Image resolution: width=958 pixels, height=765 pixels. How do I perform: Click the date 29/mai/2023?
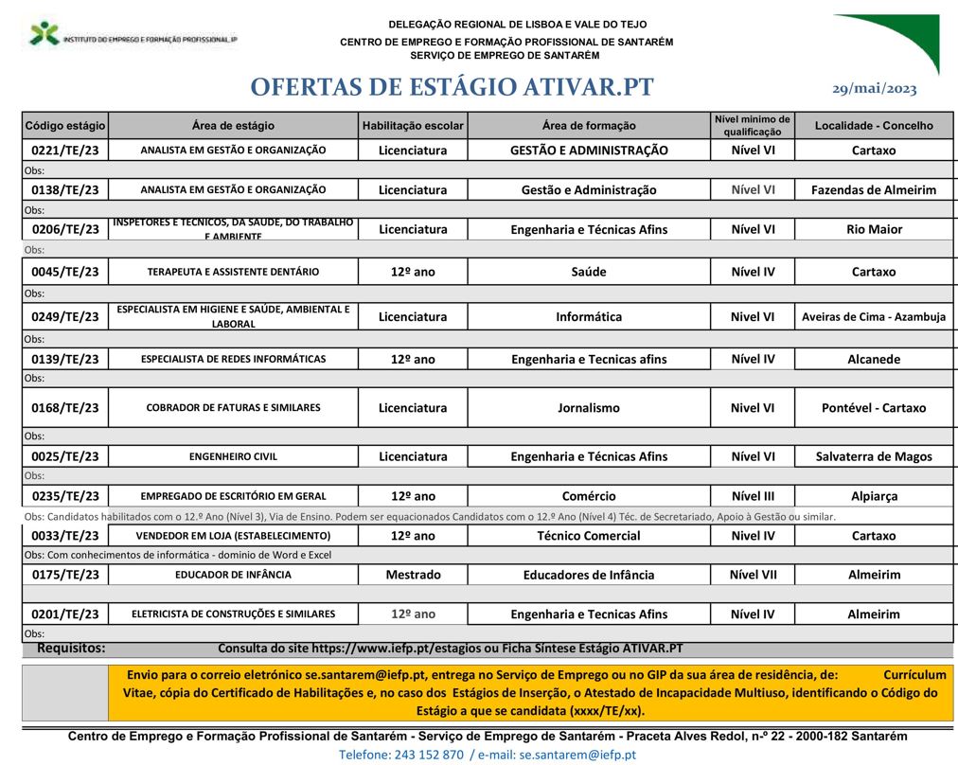(874, 88)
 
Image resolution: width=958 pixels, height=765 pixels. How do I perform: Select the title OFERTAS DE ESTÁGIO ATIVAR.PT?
(452, 87)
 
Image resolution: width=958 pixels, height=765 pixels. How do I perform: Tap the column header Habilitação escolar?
(413, 125)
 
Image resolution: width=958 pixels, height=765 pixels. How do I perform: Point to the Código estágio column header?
(65, 125)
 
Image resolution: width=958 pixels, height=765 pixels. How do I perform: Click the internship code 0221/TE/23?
(65, 151)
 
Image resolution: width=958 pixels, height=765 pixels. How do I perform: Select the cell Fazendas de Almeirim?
(873, 189)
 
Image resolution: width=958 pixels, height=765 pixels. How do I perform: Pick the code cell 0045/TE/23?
(65, 272)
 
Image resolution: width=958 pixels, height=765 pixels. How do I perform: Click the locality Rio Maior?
(873, 229)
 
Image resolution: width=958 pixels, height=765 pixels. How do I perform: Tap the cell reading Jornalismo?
(588, 408)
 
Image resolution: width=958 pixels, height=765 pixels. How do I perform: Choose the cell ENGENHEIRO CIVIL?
(233, 456)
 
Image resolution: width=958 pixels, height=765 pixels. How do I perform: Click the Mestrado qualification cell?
(413, 575)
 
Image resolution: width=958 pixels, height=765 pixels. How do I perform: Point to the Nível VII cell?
(753, 575)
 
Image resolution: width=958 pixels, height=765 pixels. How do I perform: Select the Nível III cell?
(753, 496)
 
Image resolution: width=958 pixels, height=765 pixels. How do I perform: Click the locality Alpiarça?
(873, 496)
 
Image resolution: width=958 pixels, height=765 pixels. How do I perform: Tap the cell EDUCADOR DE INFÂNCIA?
(233, 575)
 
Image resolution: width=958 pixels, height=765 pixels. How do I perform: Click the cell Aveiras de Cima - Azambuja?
(873, 317)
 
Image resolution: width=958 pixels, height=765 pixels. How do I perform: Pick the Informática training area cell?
(588, 317)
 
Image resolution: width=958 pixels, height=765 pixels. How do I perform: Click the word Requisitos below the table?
(71, 649)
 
